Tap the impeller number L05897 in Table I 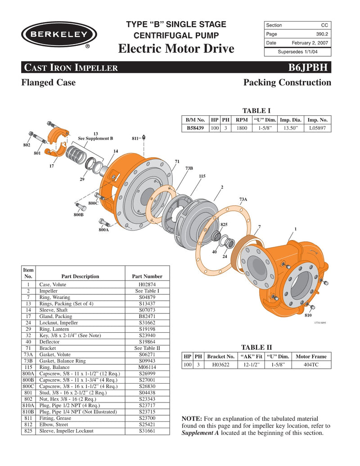[x=318, y=128]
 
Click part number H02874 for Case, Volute [x=147, y=285]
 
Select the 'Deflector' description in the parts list [x=49, y=342]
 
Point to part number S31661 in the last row [x=147, y=431]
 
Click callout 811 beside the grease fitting [x=135, y=139]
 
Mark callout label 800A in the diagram [x=103, y=230]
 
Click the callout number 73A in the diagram [x=243, y=199]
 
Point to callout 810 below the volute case [x=308, y=316]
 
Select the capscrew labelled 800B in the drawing [x=81, y=208]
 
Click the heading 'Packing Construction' [x=287, y=82]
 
